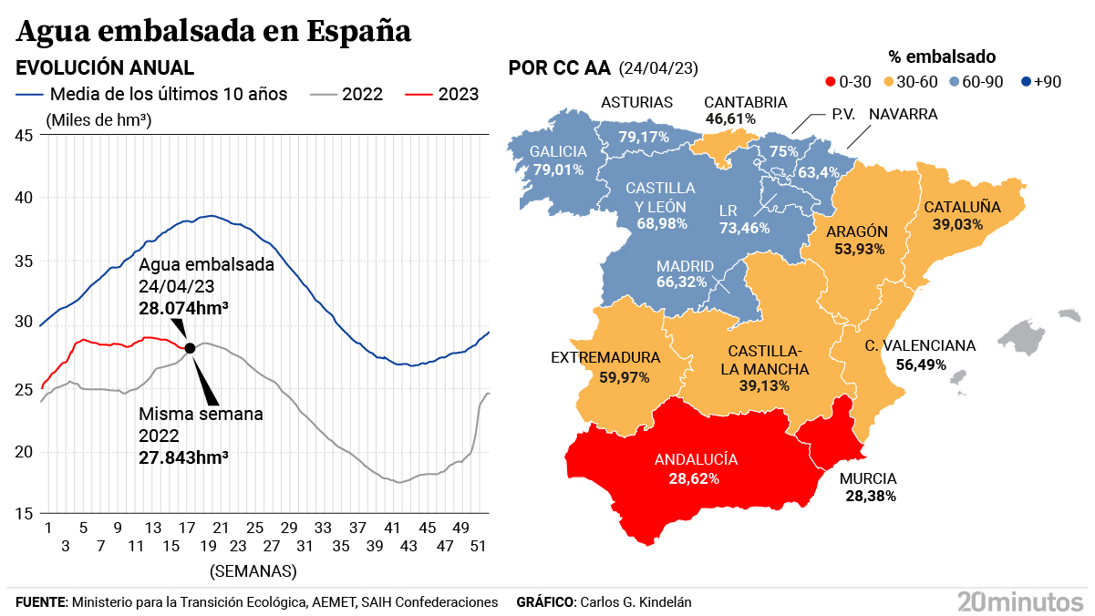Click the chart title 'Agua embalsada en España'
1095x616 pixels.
[213, 30]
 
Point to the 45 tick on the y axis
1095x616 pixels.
[25, 136]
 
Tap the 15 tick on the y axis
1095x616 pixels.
[25, 514]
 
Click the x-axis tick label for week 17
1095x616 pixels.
[188, 528]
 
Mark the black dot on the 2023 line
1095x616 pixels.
[190, 348]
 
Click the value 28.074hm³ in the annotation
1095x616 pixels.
[183, 309]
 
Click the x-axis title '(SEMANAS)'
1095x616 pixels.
[253, 571]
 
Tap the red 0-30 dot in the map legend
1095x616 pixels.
[829, 82]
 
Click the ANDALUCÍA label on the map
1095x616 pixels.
[697, 460]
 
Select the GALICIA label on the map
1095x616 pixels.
[558, 152]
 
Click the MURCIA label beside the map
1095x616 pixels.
[869, 478]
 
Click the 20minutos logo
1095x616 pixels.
[1019, 601]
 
